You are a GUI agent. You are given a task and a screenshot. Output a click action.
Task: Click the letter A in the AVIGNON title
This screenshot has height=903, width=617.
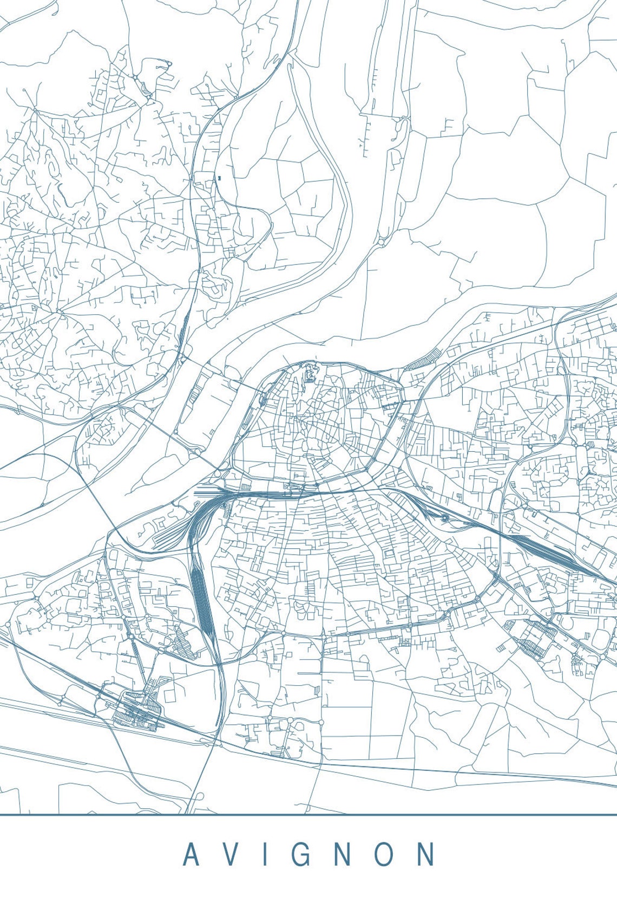(x=191, y=854)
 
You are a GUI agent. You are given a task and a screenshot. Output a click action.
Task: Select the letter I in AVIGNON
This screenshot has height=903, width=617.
(x=265, y=854)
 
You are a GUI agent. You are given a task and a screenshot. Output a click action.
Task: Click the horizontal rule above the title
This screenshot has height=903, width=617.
(x=308, y=814)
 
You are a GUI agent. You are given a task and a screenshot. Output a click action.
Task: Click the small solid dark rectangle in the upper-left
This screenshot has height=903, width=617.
(x=220, y=177)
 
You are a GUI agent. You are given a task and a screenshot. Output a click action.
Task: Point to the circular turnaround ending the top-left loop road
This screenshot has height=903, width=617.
(x=168, y=64)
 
